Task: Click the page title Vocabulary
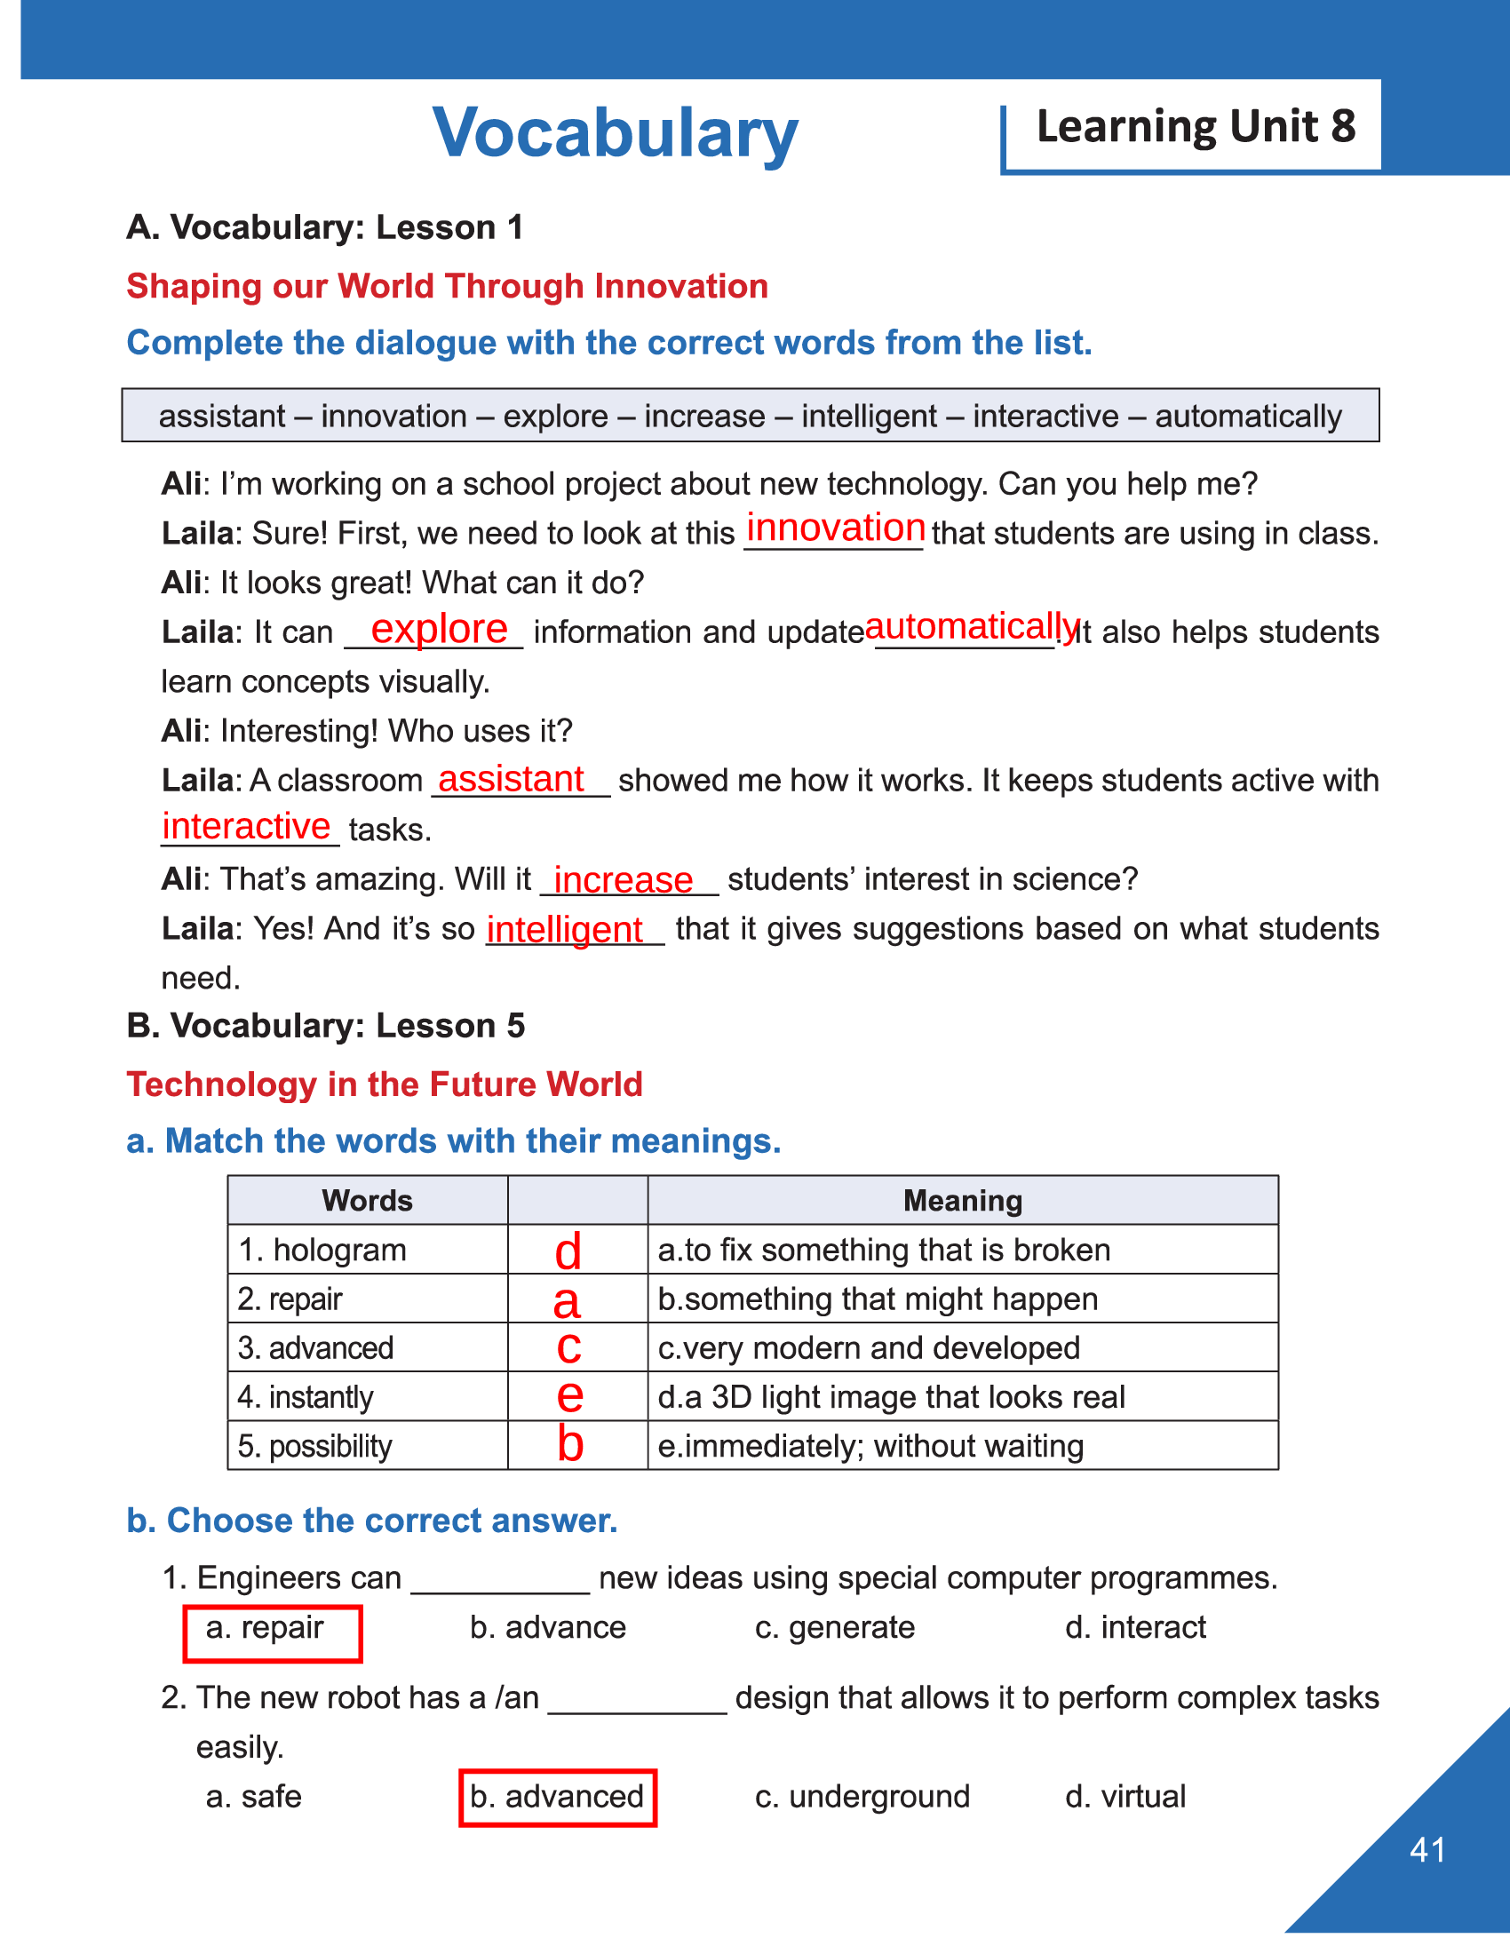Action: coord(615,133)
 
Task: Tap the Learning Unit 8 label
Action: coord(1195,126)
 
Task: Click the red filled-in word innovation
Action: coord(835,528)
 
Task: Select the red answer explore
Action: coord(438,629)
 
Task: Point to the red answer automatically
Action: coord(972,626)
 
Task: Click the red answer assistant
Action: coord(511,779)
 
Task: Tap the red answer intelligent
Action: coord(564,930)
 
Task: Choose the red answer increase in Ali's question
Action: coord(623,880)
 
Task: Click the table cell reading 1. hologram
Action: coord(322,1250)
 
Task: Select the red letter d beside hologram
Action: coord(568,1251)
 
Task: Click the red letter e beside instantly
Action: coord(570,1395)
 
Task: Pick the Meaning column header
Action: coord(962,1201)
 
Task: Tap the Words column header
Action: coord(367,1201)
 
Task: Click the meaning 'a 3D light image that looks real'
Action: coord(891,1397)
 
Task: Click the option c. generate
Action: coord(835,1627)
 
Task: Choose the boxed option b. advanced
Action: coord(557,1797)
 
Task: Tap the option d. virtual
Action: coord(1125,1797)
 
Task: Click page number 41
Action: coord(1427,1850)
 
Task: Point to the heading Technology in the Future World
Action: coord(385,1084)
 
